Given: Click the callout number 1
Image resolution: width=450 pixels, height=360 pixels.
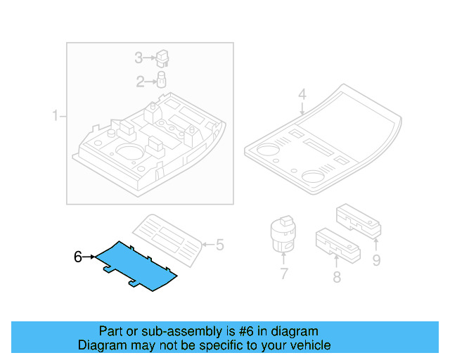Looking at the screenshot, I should (x=56, y=115).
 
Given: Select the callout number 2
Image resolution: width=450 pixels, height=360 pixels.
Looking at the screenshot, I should (x=140, y=82).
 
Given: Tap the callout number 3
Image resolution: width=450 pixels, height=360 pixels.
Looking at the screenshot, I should (x=139, y=57).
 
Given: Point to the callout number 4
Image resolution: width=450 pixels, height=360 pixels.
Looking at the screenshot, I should (x=302, y=94).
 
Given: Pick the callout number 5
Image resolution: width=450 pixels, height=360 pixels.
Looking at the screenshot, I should (x=219, y=245).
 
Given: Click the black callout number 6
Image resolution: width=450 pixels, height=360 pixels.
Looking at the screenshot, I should (x=78, y=257).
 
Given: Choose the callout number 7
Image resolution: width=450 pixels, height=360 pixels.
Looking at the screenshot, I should (x=283, y=274).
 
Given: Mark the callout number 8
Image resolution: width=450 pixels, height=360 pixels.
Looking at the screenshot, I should (x=337, y=277).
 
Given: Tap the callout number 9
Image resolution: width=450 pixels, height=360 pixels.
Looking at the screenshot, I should (x=376, y=262).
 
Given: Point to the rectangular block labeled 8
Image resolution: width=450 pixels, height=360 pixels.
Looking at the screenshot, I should (x=337, y=242).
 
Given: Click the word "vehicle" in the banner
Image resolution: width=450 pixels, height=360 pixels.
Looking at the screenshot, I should (x=309, y=345).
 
